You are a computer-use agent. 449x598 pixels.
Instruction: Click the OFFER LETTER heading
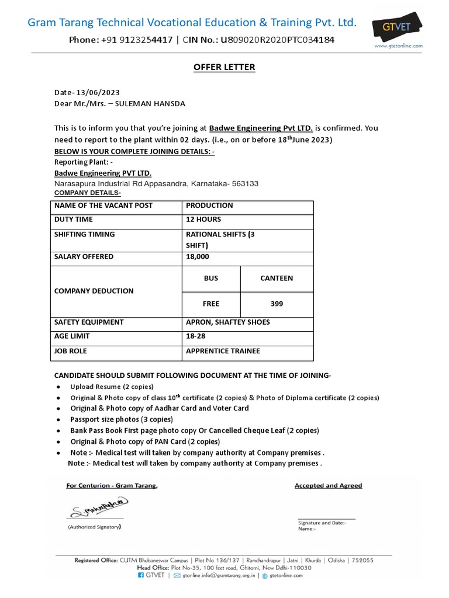coord(224,67)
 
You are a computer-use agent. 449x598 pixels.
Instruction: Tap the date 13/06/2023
coord(98,93)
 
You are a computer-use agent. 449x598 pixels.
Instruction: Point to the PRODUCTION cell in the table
coord(209,206)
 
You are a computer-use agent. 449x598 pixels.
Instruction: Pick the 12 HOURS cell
coord(203,220)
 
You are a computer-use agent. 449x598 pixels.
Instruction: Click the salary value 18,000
coord(197,257)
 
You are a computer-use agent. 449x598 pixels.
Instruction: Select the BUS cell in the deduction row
coord(211,279)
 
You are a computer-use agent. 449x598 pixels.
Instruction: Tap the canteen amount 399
coord(277,304)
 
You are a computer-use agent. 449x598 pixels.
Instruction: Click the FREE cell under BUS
coord(211,304)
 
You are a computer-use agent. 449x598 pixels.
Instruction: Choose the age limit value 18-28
coord(195,336)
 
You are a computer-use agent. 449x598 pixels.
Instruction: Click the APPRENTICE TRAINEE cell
coord(223,351)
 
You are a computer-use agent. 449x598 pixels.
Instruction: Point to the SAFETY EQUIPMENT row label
coord(89,322)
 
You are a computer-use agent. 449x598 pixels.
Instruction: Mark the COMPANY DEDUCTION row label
coord(94,291)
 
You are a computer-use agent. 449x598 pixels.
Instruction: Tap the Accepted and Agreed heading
coord(328,485)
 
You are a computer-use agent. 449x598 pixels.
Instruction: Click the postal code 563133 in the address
coord(245,183)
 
